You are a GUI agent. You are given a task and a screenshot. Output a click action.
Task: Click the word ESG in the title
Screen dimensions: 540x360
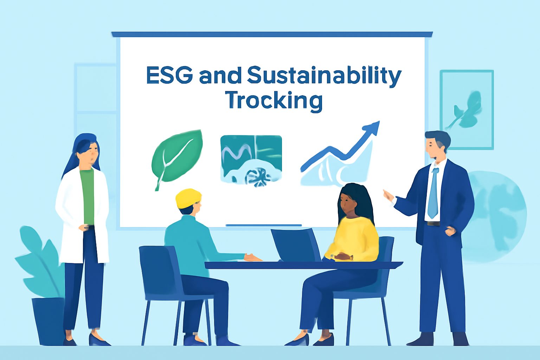169,75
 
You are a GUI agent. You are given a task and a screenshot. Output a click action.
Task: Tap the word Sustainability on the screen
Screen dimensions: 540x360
324,77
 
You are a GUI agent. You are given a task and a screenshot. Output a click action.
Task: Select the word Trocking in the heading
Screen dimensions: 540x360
274,101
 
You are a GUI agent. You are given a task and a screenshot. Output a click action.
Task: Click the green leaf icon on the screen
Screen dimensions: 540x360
177,160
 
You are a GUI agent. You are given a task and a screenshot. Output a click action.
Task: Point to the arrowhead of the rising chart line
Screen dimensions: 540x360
372,127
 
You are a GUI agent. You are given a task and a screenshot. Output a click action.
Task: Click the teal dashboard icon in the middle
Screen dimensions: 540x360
251,161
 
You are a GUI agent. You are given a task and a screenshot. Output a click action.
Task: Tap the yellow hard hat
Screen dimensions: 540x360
188,198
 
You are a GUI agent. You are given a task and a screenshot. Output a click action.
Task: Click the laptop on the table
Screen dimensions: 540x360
296,245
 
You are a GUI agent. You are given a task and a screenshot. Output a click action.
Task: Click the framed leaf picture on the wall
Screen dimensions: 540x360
467,110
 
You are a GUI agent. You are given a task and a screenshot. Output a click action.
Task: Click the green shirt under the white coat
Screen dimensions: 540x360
87,197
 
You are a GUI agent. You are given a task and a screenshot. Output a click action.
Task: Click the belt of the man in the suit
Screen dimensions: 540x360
433,224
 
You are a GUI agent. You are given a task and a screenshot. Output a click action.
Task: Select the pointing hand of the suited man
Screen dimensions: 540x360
388,196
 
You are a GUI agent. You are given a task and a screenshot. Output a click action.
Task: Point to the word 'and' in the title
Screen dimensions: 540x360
220,75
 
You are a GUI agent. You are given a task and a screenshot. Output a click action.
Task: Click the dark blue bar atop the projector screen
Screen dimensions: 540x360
272,34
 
